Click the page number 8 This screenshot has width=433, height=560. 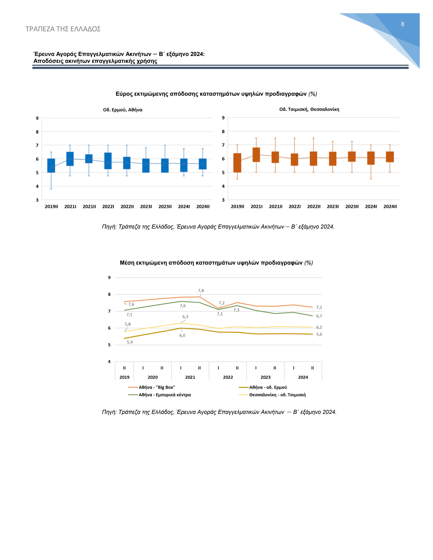(x=402, y=24)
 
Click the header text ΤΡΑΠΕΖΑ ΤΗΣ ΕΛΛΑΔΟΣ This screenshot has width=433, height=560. (x=63, y=29)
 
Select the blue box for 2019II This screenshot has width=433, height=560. (x=51, y=165)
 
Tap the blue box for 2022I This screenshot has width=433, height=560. (x=108, y=161)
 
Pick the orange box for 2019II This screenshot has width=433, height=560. (x=237, y=163)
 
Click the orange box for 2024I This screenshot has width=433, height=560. (x=371, y=158)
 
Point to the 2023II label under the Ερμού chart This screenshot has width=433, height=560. (x=165, y=207)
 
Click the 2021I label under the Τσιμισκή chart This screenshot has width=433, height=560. (x=257, y=207)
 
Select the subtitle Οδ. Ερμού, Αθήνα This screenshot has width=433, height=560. (x=123, y=110)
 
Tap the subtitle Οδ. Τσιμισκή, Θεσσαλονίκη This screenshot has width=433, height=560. (x=309, y=109)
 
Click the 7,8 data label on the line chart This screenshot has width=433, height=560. (x=201, y=291)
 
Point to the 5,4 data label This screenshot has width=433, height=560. (x=130, y=342)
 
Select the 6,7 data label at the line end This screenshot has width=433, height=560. (x=319, y=316)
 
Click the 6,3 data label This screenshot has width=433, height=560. (x=185, y=317)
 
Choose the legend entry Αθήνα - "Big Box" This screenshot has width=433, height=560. (x=151, y=387)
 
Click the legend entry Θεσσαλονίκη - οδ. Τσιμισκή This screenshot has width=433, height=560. (x=272, y=395)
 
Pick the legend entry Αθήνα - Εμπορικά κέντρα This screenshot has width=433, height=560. (x=159, y=395)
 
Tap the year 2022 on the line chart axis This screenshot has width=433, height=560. (x=228, y=377)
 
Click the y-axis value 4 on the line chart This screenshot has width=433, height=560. (x=109, y=362)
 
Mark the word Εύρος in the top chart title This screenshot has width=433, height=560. (x=124, y=94)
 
